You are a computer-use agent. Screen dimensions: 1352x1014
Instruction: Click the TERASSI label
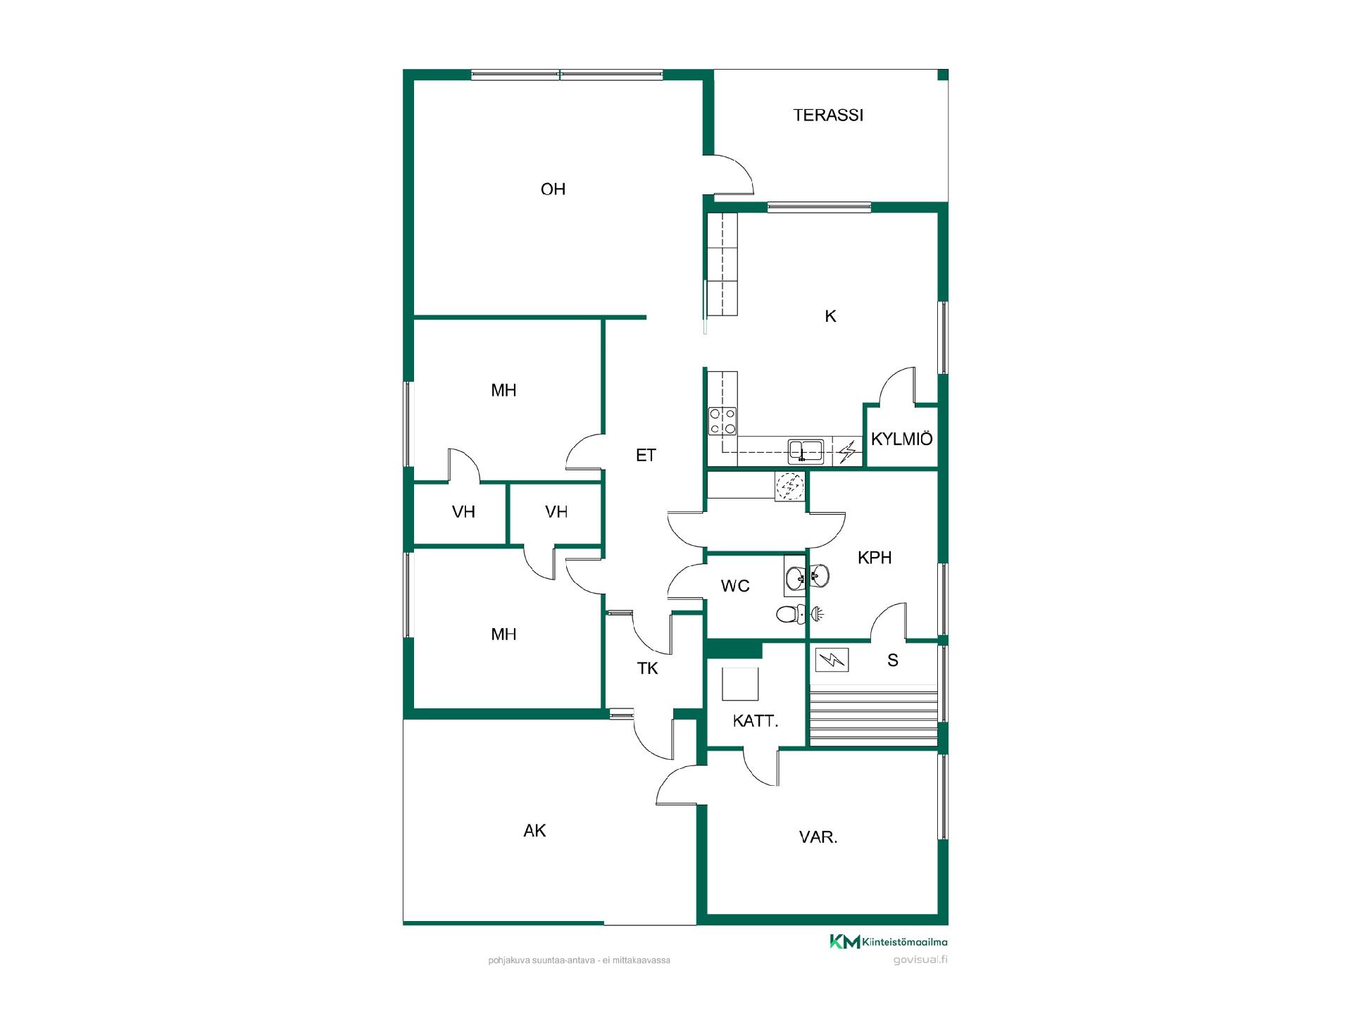coord(828,115)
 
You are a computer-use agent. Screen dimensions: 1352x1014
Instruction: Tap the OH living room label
coord(553,189)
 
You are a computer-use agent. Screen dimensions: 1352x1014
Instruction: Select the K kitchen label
coord(830,316)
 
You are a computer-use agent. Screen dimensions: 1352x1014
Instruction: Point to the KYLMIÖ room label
coord(902,439)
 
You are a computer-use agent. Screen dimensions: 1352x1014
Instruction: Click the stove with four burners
coord(723,422)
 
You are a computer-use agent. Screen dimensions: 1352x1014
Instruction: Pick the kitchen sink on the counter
coord(806,450)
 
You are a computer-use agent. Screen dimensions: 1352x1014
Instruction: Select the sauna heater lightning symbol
coord(832,660)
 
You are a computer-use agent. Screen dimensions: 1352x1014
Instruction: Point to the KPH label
coord(875,558)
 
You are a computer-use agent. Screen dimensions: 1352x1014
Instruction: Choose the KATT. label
coord(756,721)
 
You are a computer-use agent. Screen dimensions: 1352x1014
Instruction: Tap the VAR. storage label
coord(818,838)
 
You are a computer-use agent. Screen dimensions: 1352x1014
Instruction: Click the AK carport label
coord(534,831)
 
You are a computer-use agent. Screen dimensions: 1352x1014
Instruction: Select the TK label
coord(647,668)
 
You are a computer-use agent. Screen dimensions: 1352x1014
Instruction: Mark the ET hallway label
coord(646,456)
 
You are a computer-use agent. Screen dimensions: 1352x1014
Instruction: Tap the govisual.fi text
coord(920,960)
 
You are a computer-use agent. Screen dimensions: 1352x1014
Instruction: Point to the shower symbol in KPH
coord(818,614)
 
